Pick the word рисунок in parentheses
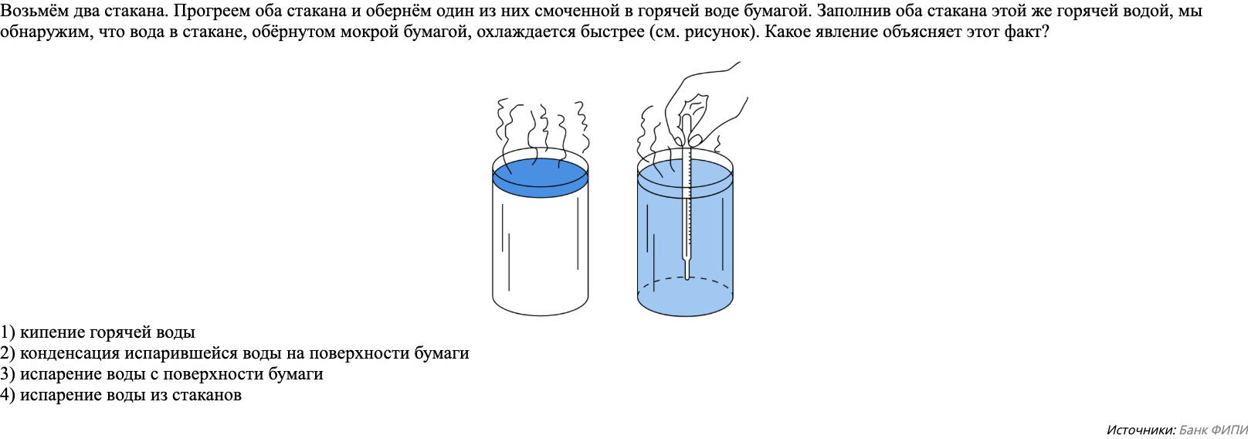[725, 32]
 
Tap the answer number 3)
[8, 374]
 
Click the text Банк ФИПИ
[1213, 430]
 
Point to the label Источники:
[1141, 430]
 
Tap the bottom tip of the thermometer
[686, 275]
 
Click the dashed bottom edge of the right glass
[685, 280]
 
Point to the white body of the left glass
[540, 247]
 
